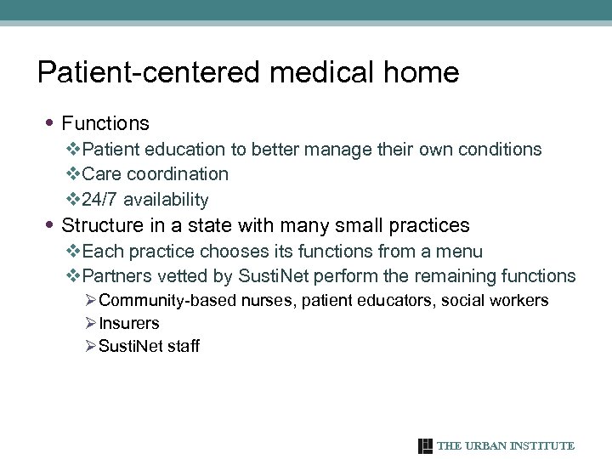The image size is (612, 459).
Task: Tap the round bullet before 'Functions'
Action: (53, 124)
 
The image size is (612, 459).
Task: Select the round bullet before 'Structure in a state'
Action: (53, 226)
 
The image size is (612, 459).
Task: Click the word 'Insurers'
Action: (129, 323)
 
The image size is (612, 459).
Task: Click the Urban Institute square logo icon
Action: (426, 446)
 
